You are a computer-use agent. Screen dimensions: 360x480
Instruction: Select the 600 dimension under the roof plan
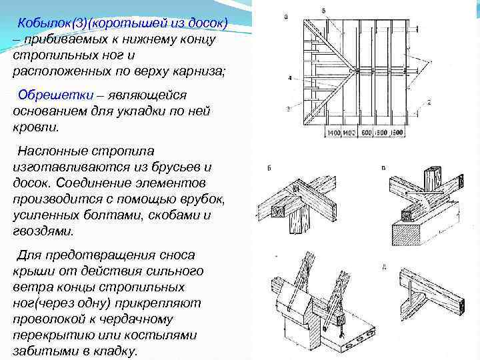point(365,133)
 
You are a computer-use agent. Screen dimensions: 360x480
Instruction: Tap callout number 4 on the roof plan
point(289,78)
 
